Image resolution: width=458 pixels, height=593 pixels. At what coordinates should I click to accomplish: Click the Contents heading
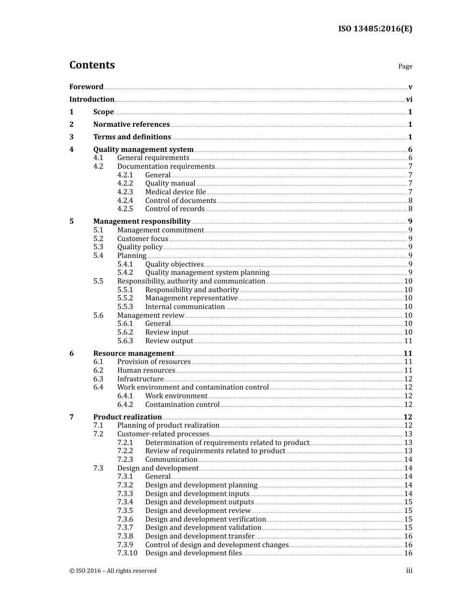(x=92, y=65)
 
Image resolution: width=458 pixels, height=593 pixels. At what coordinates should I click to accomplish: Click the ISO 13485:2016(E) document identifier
(x=375, y=28)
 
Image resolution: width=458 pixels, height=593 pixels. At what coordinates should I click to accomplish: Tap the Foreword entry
(x=86, y=87)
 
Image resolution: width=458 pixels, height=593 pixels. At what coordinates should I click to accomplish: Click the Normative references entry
(x=131, y=124)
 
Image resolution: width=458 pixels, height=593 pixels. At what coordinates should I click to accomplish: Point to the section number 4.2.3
(x=125, y=192)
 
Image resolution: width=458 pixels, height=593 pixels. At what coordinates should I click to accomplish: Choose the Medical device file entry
(x=175, y=192)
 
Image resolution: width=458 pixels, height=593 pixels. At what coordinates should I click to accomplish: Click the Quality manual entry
(x=170, y=183)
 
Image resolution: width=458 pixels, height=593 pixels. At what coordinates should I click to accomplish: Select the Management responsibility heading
(x=142, y=221)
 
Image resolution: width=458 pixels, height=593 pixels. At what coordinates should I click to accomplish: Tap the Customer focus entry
(x=143, y=239)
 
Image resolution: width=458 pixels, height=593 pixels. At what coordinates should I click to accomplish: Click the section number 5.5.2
(x=125, y=298)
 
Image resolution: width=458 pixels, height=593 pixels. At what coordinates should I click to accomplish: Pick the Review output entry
(x=169, y=341)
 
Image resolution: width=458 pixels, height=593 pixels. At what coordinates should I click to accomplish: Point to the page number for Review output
(x=408, y=341)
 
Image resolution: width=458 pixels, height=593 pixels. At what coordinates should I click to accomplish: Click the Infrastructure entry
(x=140, y=379)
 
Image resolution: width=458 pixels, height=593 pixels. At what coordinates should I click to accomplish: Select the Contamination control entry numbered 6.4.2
(x=182, y=404)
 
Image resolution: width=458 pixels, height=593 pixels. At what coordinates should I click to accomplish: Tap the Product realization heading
(x=127, y=417)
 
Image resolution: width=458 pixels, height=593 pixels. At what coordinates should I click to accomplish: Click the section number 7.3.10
(x=127, y=553)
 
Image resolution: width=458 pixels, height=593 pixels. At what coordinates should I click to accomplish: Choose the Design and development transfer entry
(x=200, y=536)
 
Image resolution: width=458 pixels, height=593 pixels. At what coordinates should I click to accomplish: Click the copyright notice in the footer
(x=113, y=571)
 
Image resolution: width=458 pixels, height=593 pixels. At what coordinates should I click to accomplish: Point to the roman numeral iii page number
(x=409, y=571)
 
